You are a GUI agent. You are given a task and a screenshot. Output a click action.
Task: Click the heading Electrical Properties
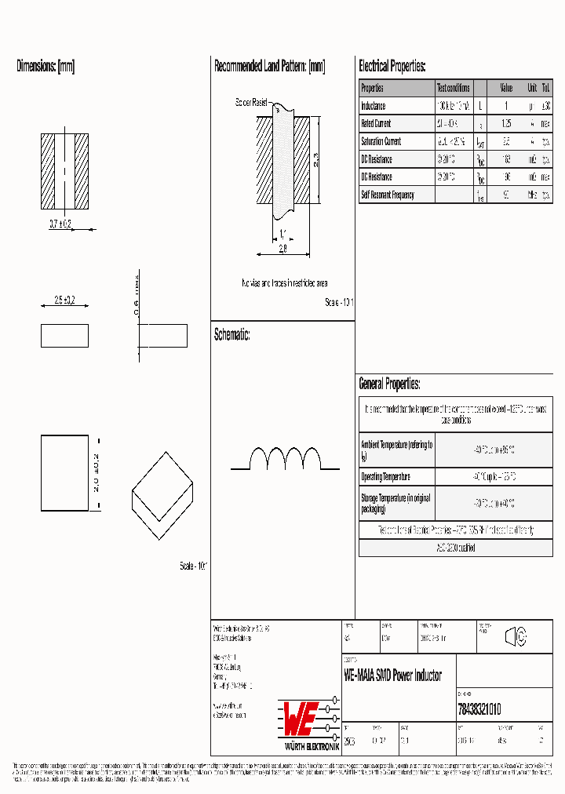(392, 67)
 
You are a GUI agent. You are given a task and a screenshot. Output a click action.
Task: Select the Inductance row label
(374, 105)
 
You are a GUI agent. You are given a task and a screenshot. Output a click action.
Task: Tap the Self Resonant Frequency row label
(388, 195)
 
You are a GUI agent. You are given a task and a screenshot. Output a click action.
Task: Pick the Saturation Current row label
(381, 141)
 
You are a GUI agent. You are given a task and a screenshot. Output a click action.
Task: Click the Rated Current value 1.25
(506, 123)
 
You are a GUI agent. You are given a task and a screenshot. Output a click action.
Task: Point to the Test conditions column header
(454, 88)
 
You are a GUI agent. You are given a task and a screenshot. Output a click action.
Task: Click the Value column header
(506, 88)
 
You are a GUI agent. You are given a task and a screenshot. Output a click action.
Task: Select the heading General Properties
(389, 384)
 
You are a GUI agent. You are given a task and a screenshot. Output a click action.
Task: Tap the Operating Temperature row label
(385, 477)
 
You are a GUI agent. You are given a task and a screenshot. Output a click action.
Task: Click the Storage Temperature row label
(395, 503)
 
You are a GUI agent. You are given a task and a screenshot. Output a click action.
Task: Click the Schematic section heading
(232, 335)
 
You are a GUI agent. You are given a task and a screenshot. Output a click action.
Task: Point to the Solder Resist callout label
(251, 103)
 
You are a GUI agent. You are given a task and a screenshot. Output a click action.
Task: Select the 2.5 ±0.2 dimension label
(64, 300)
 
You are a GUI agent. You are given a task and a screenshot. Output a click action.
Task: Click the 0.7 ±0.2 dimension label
(61, 224)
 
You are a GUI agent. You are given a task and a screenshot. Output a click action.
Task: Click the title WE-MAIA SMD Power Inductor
(393, 676)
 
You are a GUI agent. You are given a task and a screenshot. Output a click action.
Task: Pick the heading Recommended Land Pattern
(270, 67)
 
